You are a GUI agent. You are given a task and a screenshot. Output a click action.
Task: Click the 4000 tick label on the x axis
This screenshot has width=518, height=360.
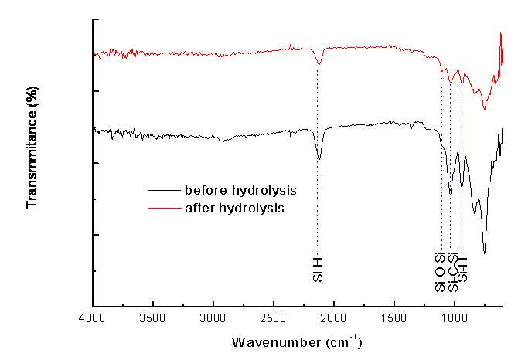click(x=93, y=318)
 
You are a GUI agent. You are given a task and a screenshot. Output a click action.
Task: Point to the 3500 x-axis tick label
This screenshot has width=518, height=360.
click(x=153, y=318)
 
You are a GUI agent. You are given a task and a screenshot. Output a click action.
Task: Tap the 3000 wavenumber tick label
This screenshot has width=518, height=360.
click(x=213, y=318)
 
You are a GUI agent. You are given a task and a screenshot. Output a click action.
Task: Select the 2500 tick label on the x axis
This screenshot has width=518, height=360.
click(x=274, y=318)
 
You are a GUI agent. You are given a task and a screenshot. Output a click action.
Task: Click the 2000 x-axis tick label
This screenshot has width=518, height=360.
click(x=334, y=318)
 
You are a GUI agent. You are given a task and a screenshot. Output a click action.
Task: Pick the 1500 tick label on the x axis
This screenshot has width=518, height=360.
click(x=394, y=318)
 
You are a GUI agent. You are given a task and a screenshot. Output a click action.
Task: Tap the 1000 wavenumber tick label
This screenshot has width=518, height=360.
click(x=455, y=318)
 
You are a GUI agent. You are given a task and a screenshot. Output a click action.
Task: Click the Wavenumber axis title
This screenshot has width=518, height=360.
click(x=297, y=342)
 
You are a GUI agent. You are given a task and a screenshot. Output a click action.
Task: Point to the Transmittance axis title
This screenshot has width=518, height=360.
click(x=32, y=148)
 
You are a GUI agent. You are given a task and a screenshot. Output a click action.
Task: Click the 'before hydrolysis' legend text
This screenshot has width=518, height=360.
click(x=240, y=190)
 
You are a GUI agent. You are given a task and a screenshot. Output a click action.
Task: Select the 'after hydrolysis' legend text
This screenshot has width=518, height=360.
click(x=234, y=209)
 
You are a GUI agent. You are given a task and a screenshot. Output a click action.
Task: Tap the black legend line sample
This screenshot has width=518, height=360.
click(x=165, y=190)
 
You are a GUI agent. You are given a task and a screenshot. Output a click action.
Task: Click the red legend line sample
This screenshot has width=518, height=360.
click(x=165, y=209)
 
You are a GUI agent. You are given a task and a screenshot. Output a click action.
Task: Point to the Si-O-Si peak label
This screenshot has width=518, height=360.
click(x=440, y=272)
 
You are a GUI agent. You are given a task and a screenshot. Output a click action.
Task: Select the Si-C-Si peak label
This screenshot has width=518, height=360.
click(x=452, y=272)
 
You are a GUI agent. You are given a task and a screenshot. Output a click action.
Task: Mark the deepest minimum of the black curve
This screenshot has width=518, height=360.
click(x=484, y=253)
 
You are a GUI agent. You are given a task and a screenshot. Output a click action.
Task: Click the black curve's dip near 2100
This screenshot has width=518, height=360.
click(x=319, y=159)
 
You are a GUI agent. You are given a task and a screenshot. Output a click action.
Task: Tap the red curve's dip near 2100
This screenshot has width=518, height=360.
click(x=319, y=64)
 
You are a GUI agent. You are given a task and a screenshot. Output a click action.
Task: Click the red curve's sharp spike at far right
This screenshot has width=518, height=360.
click(x=501, y=33)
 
